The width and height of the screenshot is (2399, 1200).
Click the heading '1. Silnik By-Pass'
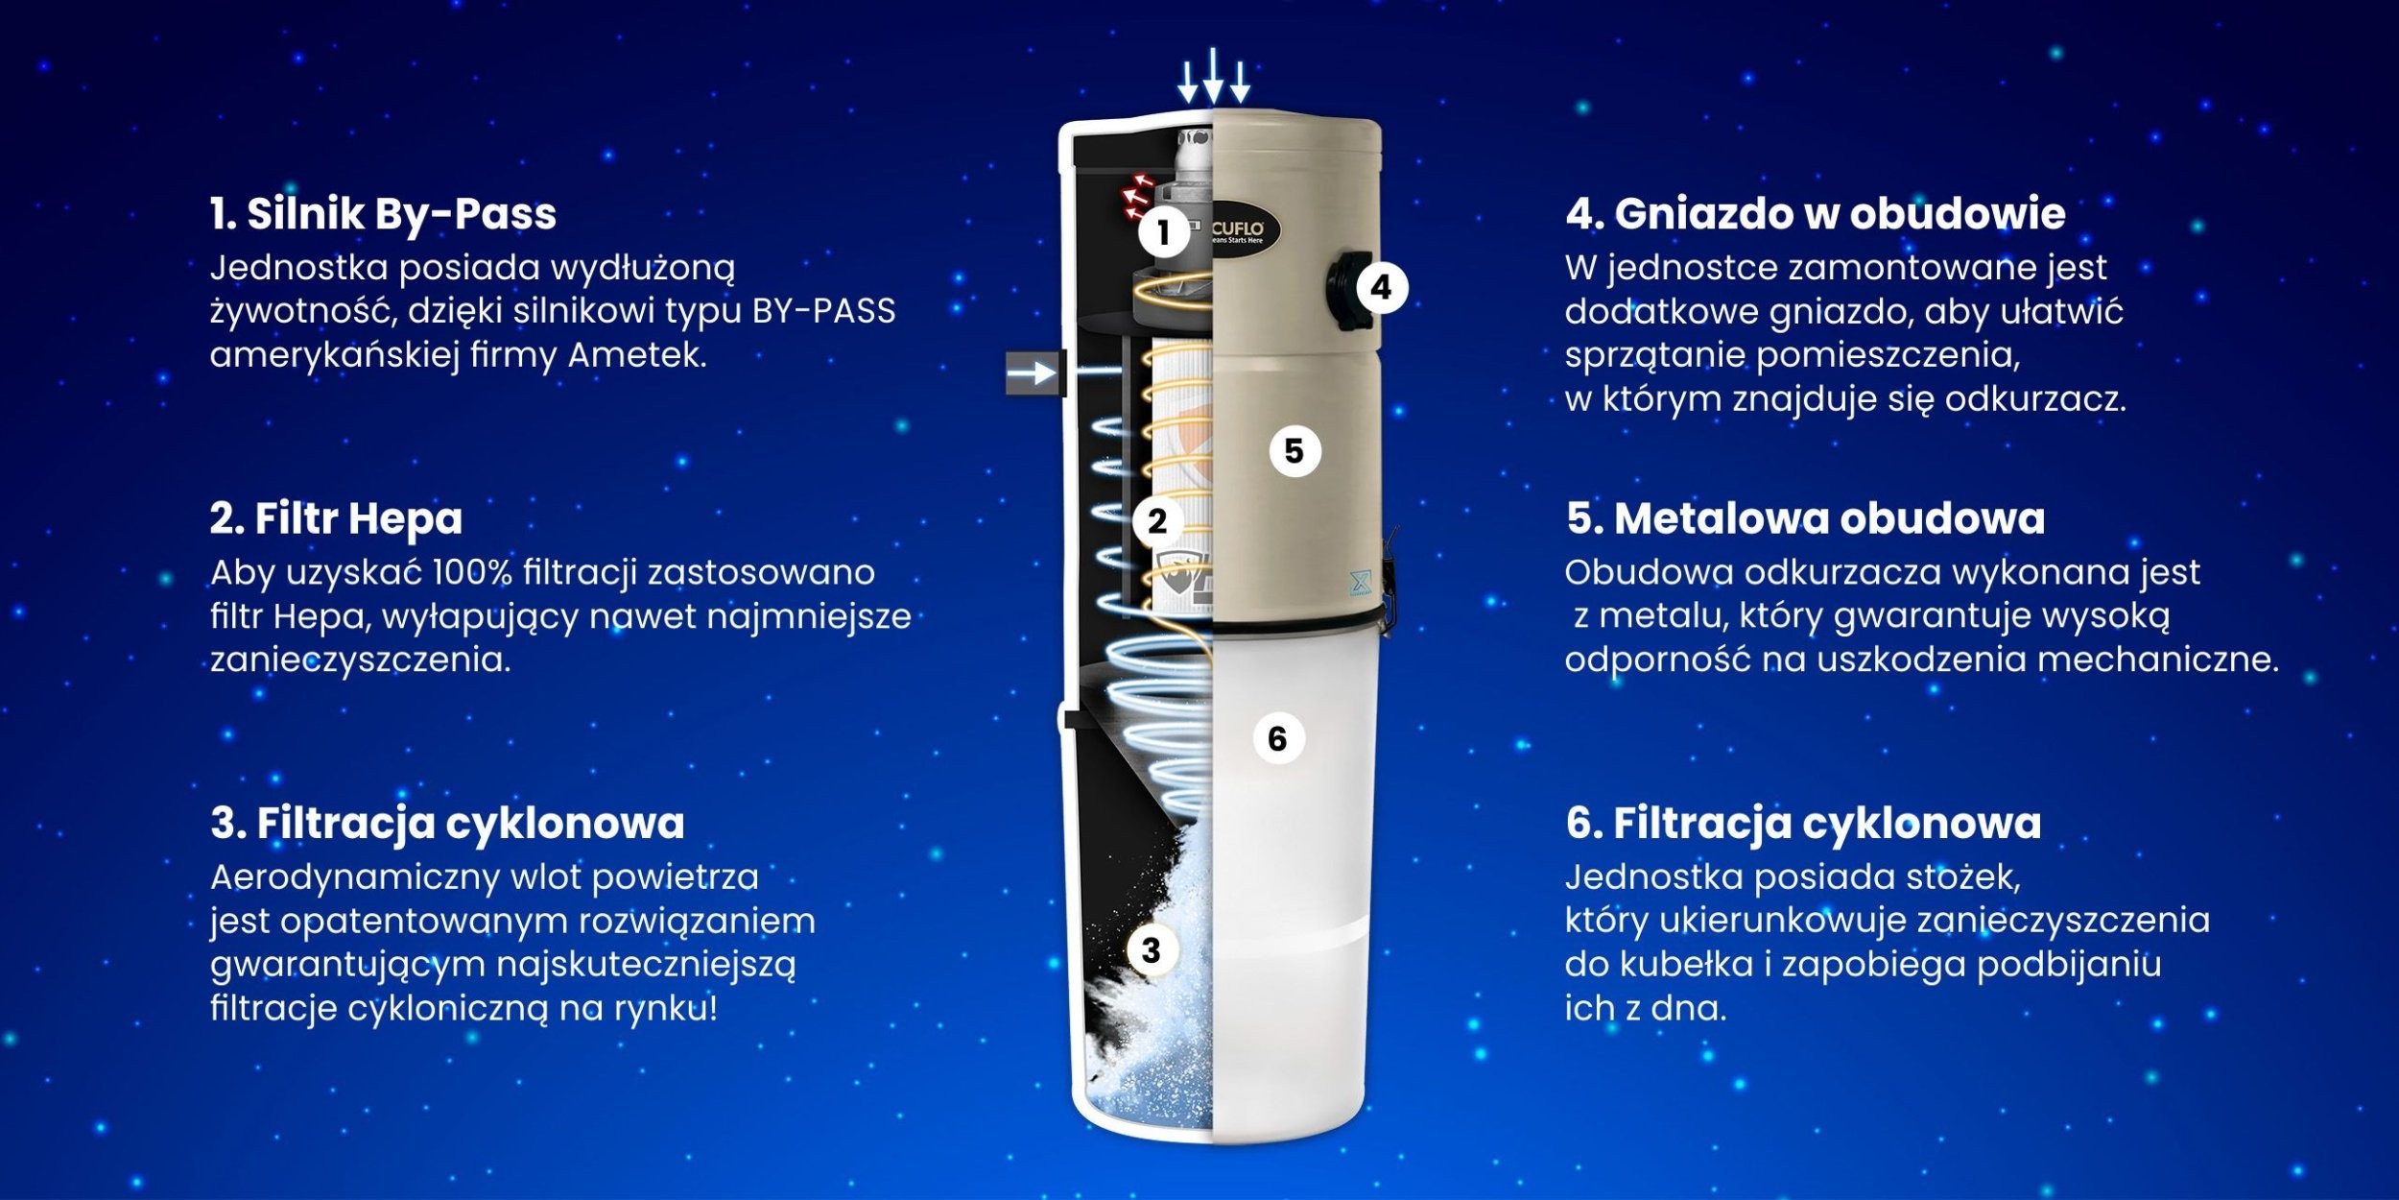click(383, 214)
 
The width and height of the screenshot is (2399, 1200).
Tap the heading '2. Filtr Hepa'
click(336, 519)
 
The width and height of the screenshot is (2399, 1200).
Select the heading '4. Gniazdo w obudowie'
click(1816, 213)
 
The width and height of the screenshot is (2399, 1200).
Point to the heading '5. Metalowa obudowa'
click(1805, 518)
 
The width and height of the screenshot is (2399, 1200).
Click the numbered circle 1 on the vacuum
click(1164, 231)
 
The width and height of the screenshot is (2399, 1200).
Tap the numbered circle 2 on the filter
click(1157, 521)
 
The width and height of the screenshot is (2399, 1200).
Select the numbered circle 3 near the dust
click(1152, 950)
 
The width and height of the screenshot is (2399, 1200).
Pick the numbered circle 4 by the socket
click(1382, 287)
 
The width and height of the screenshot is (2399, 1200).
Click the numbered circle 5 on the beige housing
click(1295, 451)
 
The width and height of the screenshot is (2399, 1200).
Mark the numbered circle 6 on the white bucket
click(1277, 738)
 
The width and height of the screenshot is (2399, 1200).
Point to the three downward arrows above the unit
click(1214, 75)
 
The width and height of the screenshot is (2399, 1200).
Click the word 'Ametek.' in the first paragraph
click(637, 355)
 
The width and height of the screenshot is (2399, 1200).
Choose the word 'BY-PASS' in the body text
click(823, 311)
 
